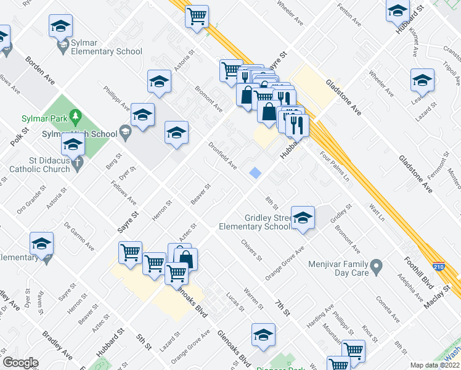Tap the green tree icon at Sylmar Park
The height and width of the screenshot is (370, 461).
pyautogui.click(x=76, y=115)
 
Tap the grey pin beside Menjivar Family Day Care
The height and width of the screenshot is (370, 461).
pyautogui.click(x=377, y=267)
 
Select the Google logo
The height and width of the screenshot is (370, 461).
pyautogui.click(x=20, y=363)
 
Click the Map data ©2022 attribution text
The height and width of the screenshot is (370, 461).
pyautogui.click(x=435, y=365)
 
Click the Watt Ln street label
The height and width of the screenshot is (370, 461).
pyautogui.click(x=377, y=213)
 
